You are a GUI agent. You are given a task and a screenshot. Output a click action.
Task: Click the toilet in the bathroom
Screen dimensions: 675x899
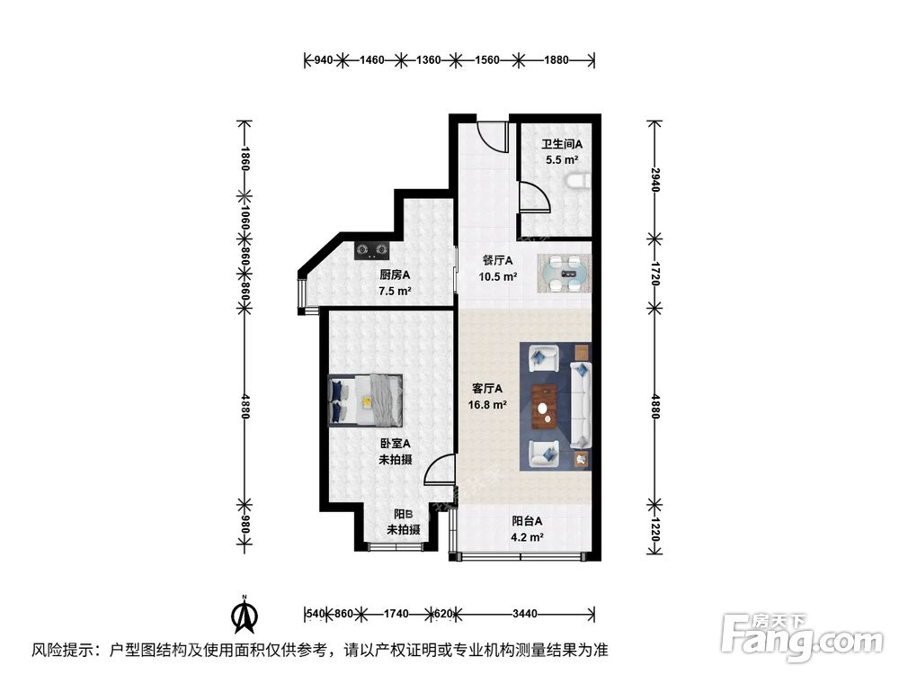[578, 181]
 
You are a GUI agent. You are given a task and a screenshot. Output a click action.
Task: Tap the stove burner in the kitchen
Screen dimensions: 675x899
[371, 246]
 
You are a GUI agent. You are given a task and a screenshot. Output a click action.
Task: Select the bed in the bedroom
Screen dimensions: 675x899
[367, 400]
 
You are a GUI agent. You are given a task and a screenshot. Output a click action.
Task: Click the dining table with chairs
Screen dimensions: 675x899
[565, 273]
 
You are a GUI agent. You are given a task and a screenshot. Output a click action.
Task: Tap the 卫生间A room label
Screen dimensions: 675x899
[562, 144]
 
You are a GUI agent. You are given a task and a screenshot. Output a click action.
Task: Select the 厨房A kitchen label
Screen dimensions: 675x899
[395, 275]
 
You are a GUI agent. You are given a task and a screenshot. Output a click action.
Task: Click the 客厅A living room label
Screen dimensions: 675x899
[487, 389]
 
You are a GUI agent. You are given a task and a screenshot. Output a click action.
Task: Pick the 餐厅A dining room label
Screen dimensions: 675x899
[496, 261]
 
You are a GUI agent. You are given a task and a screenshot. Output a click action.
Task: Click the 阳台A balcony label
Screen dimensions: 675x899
[527, 521]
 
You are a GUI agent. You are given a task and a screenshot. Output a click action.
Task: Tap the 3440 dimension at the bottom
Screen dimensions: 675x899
[525, 614]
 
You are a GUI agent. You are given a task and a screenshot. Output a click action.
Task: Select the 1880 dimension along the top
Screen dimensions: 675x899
[556, 60]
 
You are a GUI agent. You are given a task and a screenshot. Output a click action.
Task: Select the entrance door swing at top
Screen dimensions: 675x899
[491, 135]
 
